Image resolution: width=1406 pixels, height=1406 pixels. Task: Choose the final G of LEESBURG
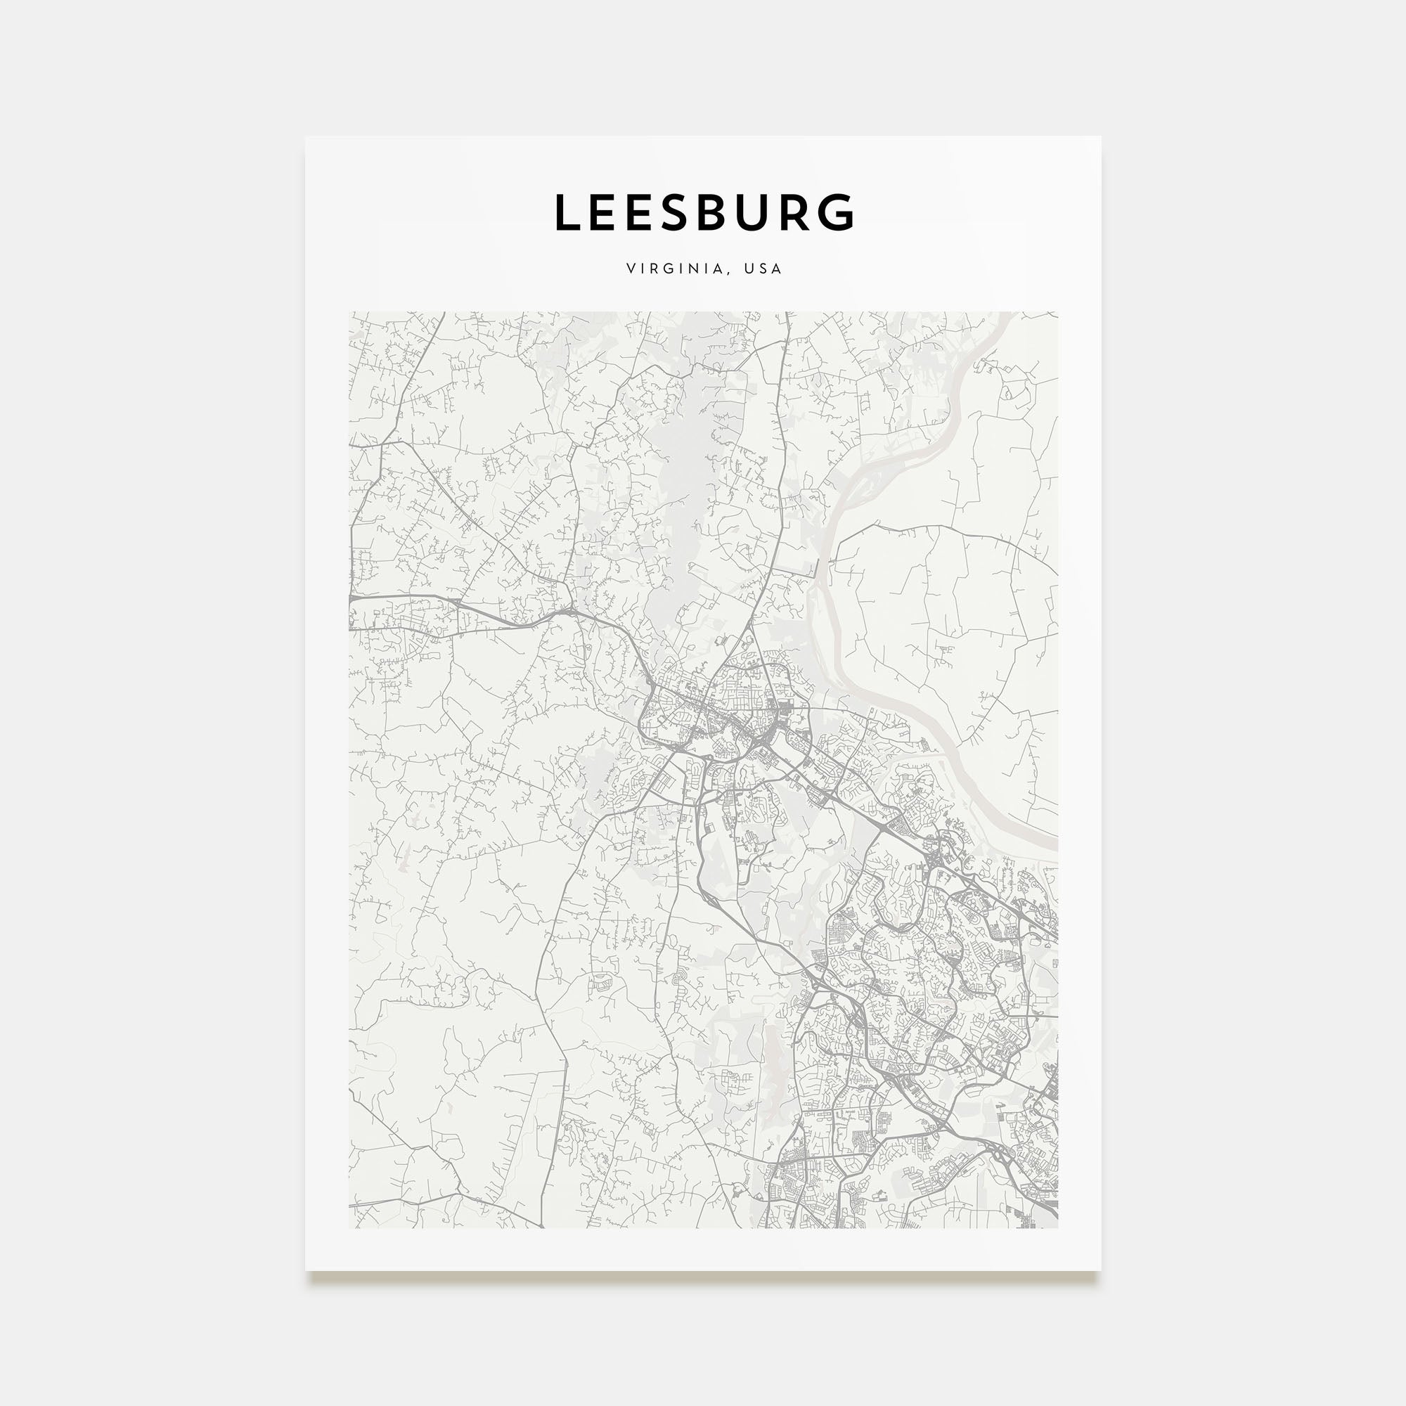[836, 212]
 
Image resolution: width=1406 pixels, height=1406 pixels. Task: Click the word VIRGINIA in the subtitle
[674, 269]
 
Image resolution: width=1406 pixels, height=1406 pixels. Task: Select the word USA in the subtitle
[763, 269]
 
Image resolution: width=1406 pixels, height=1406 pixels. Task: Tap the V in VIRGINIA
[630, 269]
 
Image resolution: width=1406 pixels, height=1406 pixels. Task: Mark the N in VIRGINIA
[694, 269]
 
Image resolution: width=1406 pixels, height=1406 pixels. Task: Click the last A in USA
[778, 269]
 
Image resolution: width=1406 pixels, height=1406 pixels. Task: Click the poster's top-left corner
[307, 138]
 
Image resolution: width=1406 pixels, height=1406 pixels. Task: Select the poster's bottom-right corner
[1099, 1270]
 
